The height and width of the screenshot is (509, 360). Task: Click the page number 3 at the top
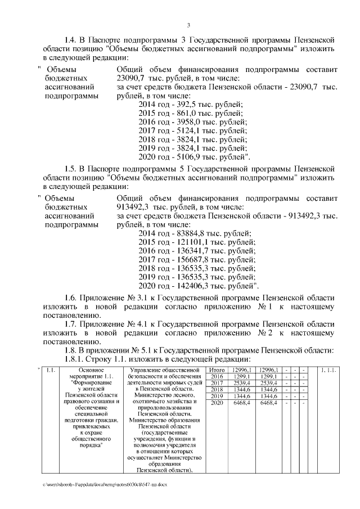pos(189,25)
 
